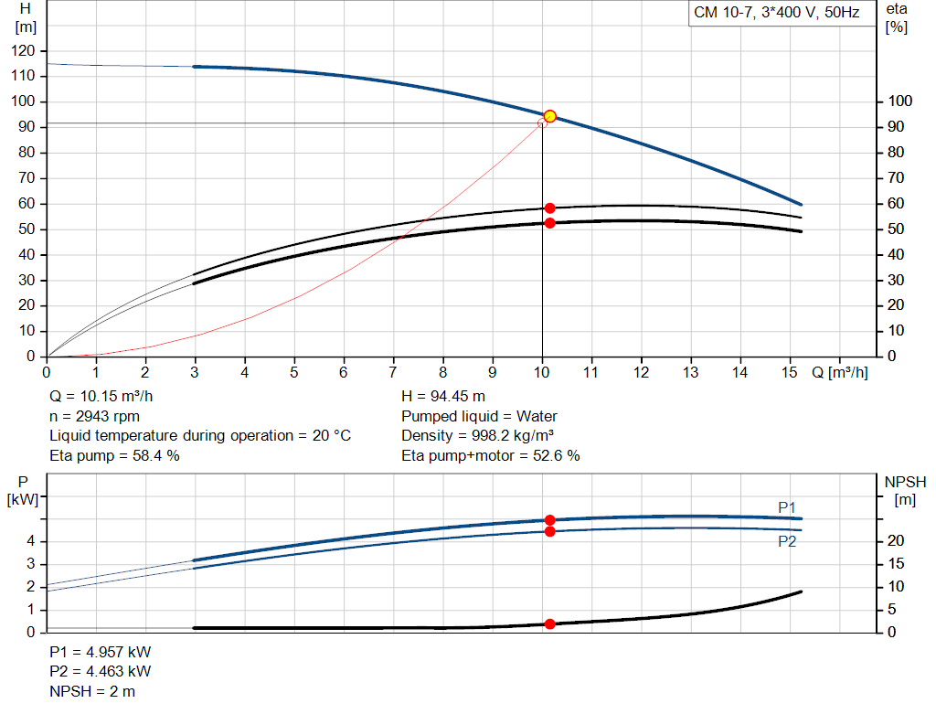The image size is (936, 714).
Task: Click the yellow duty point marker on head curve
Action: [549, 116]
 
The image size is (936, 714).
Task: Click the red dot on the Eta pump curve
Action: [549, 208]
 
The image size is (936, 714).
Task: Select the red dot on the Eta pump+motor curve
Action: [549, 223]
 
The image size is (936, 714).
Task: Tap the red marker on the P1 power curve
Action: [549, 520]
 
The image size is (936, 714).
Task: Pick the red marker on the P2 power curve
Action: [549, 531]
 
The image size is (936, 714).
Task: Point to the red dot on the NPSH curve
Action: [549, 624]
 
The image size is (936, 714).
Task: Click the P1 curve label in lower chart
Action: [787, 506]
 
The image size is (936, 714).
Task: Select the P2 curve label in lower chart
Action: [787, 541]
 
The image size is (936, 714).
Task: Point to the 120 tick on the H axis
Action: [24, 50]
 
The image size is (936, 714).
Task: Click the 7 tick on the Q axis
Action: [393, 373]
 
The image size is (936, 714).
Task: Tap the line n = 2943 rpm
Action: [94, 417]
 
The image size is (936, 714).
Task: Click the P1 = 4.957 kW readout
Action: [101, 654]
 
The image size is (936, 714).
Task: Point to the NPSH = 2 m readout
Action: [92, 691]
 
